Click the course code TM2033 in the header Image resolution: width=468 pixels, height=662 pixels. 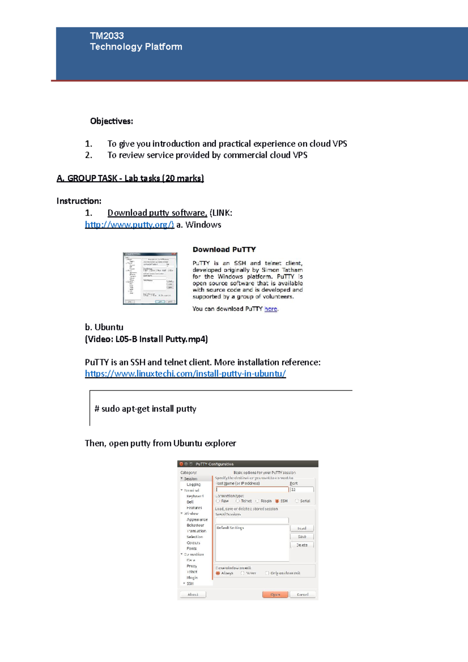point(106,36)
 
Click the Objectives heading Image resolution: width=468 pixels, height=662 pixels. point(112,121)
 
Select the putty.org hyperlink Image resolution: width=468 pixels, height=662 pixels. point(129,225)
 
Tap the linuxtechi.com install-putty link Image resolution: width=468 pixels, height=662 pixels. point(185,373)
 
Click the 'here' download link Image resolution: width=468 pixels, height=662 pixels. point(271,309)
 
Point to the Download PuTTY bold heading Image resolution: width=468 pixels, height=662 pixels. point(224,250)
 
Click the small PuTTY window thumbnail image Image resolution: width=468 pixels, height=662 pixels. point(150,278)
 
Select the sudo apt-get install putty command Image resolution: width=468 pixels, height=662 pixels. point(145,409)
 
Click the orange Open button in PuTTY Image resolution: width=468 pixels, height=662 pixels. point(275,595)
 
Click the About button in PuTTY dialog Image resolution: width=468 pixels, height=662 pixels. point(193,595)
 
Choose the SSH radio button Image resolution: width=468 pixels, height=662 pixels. point(277,501)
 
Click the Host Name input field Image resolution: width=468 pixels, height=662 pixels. point(252,489)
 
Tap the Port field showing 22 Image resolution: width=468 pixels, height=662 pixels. point(301,489)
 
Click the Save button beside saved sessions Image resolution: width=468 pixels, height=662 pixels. point(302,537)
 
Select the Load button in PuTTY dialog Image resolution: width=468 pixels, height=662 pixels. point(302,528)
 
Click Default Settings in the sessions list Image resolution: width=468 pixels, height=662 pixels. point(230,527)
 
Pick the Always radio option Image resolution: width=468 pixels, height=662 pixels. point(218,573)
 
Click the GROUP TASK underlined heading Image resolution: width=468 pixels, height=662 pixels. point(130,179)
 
